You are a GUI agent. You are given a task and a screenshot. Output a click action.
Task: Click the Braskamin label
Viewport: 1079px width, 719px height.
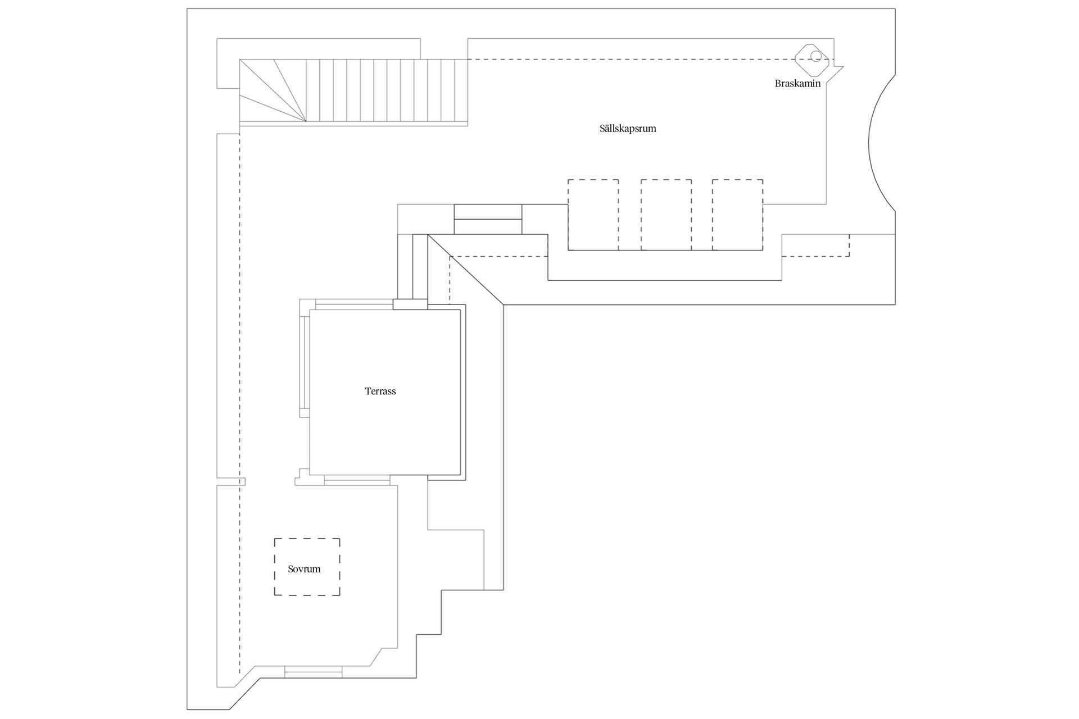click(x=797, y=84)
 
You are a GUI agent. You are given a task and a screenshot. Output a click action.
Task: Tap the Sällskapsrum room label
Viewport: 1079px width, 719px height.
click(x=628, y=129)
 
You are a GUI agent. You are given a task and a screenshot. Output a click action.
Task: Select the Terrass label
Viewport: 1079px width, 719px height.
click(x=380, y=392)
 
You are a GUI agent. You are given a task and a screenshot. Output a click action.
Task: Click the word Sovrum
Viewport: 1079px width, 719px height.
click(x=304, y=569)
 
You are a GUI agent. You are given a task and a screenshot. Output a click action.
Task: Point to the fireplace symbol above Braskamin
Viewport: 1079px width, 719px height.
click(x=812, y=59)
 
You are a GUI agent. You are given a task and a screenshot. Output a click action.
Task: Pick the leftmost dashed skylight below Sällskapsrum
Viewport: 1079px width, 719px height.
click(x=593, y=215)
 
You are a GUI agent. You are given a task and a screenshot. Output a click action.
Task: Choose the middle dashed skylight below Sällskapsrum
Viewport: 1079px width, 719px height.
click(x=666, y=215)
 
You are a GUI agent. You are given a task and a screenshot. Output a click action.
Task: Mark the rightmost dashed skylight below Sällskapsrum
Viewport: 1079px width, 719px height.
click(x=737, y=215)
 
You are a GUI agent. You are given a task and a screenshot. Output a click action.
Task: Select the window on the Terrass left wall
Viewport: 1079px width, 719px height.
click(x=305, y=362)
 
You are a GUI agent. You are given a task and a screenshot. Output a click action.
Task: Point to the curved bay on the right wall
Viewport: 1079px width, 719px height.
click(x=881, y=143)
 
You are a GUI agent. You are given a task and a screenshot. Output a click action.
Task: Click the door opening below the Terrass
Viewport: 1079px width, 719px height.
click(x=357, y=481)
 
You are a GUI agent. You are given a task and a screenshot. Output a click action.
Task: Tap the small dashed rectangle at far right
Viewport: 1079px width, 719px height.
click(x=815, y=245)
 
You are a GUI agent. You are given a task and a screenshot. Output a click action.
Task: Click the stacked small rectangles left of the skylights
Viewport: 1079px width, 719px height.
click(x=488, y=219)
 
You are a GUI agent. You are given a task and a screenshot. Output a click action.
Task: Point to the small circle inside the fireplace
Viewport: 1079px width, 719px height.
click(x=815, y=56)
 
